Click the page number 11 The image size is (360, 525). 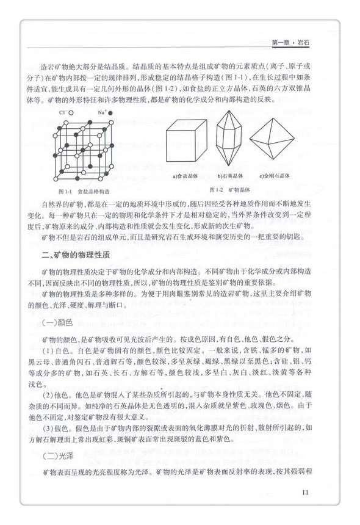[306, 493]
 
